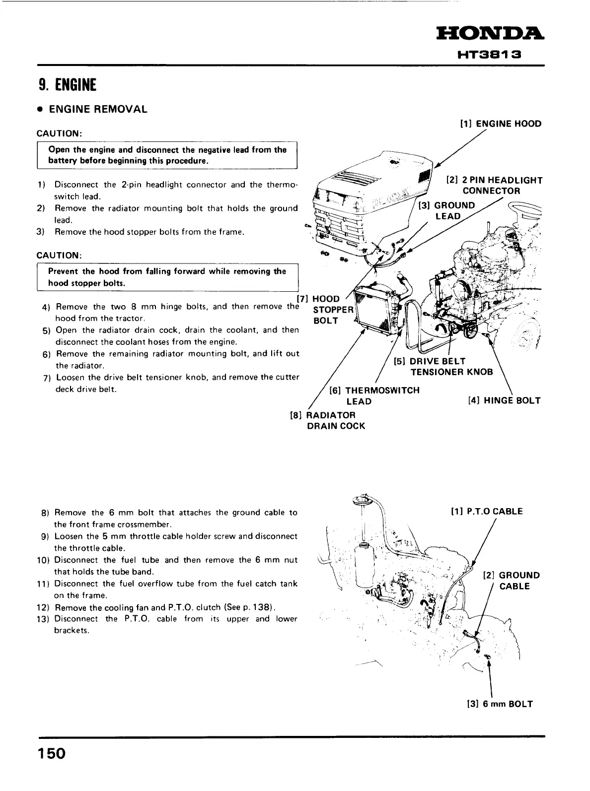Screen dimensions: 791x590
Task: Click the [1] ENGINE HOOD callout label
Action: [501, 124]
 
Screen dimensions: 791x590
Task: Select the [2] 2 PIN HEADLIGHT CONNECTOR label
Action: [494, 186]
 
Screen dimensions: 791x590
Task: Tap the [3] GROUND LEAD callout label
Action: [447, 211]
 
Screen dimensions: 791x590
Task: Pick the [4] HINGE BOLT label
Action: [504, 400]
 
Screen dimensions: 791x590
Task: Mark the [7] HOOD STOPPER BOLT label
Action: [325, 310]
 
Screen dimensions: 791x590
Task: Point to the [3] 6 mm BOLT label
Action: [500, 704]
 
